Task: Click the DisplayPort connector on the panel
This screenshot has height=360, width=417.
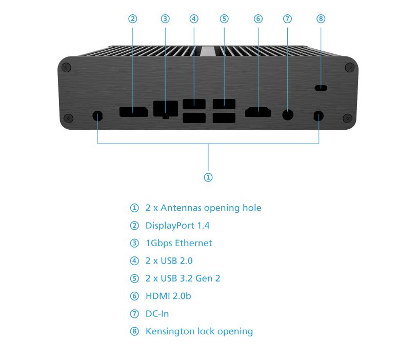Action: [133, 111]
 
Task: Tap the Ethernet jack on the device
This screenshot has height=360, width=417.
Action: [165, 109]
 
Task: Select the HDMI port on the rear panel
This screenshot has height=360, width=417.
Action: [258, 112]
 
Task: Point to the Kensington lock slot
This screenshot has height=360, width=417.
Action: [321, 88]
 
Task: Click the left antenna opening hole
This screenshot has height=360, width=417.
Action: [97, 116]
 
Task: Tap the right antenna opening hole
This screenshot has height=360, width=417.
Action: [319, 116]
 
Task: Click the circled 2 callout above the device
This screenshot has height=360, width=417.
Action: [133, 19]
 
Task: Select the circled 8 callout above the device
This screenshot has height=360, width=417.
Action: [321, 19]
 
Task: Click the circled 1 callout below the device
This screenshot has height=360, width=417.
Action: [208, 177]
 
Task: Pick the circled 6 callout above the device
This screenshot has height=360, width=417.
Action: [258, 19]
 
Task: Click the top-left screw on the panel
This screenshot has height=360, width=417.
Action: [66, 67]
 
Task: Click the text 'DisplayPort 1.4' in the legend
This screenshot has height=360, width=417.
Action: [177, 226]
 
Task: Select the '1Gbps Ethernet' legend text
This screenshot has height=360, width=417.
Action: [178, 243]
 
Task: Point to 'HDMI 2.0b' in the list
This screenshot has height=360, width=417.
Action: [168, 296]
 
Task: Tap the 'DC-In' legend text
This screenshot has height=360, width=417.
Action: [157, 313]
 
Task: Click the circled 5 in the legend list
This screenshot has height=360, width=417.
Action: [134, 278]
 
